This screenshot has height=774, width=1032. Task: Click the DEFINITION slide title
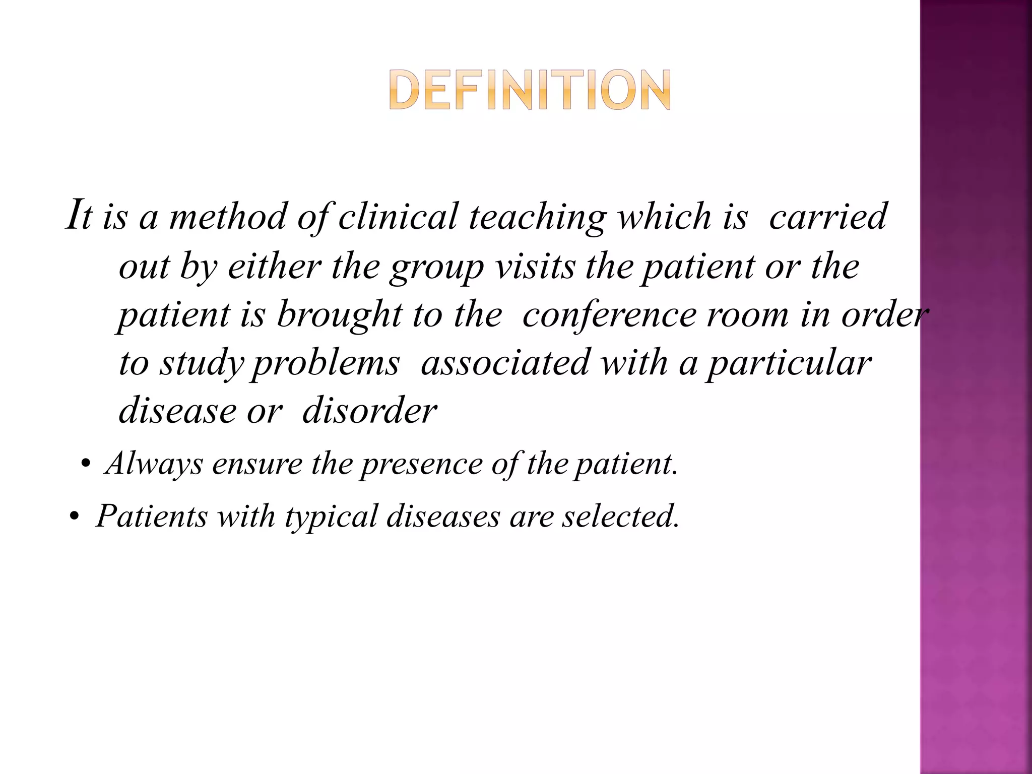coord(530,91)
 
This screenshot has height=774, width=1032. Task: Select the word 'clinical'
coord(398,217)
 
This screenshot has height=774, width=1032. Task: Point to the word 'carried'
coord(827,217)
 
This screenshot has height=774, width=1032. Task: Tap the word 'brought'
coord(339,315)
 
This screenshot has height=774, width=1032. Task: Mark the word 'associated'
coord(504,363)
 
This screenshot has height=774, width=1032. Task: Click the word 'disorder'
coord(369,411)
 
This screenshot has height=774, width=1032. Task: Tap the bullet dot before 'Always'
coord(85,465)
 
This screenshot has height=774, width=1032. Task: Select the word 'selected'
coord(621,517)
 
